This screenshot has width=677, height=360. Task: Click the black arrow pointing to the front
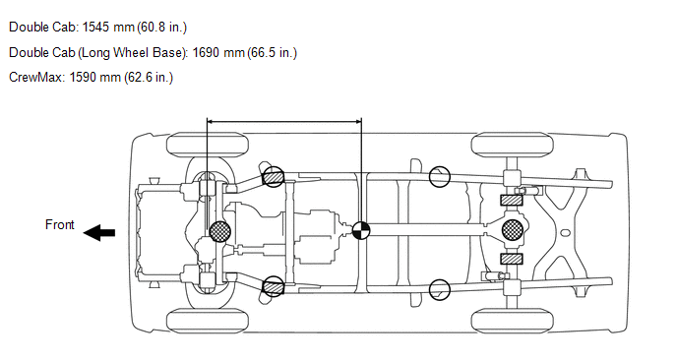tap(98, 233)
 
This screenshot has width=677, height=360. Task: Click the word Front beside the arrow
tap(60, 224)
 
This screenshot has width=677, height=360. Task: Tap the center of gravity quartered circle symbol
tap(360, 230)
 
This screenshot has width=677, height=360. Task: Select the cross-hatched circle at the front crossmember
tap(219, 232)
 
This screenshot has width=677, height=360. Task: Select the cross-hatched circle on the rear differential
tap(512, 229)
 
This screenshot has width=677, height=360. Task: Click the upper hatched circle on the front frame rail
tap(273, 177)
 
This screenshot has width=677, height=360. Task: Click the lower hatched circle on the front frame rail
tap(274, 286)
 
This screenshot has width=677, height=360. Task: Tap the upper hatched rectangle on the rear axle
tap(512, 201)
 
